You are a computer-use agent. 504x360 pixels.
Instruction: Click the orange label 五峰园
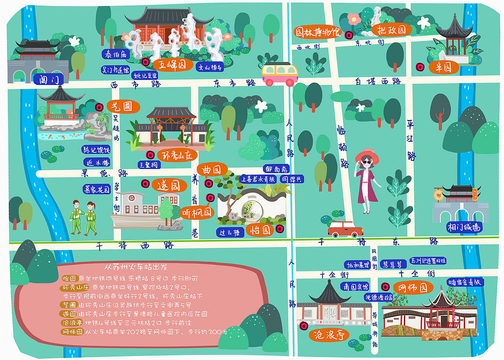(172, 64)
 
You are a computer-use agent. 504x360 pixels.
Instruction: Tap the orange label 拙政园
(391, 30)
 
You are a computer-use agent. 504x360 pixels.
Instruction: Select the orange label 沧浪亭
(329, 335)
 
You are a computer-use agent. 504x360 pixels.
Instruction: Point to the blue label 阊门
(49, 80)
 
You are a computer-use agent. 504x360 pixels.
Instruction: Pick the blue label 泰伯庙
(116, 54)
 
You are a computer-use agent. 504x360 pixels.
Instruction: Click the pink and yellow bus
(280, 74)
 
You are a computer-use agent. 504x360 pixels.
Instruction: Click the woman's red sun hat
(367, 156)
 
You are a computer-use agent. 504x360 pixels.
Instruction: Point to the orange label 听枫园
(197, 213)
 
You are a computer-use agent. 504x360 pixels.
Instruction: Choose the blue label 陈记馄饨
(96, 150)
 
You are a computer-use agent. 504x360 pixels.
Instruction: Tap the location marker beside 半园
(420, 67)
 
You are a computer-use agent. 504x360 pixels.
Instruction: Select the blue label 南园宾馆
(355, 286)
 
